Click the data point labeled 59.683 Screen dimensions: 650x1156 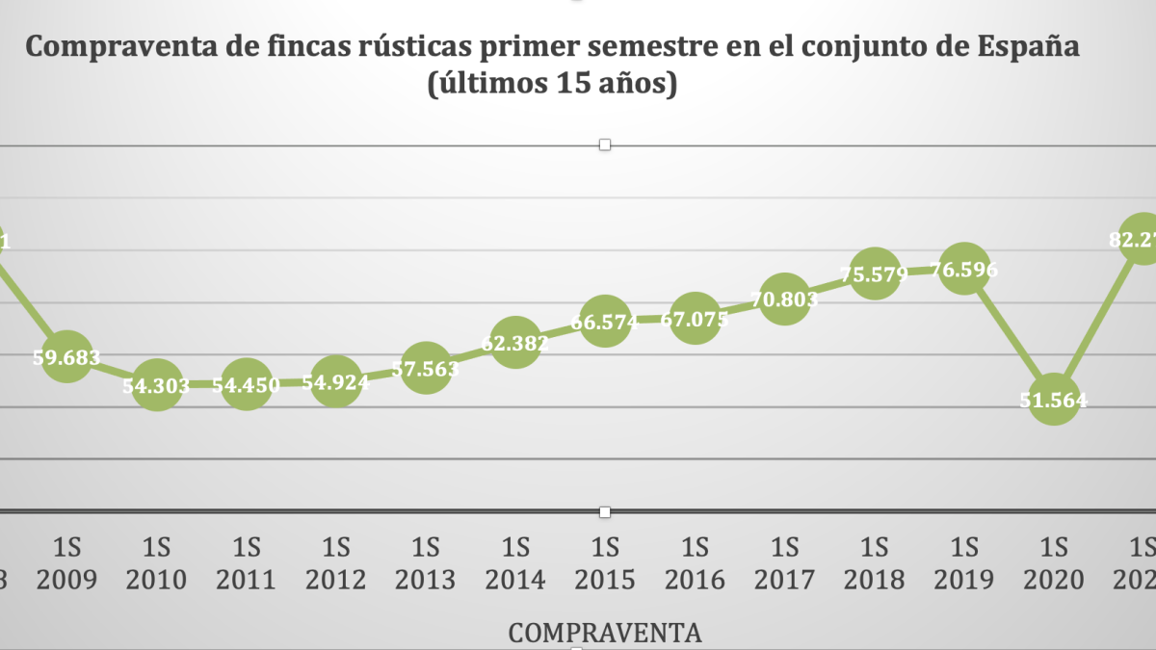pyautogui.click(x=66, y=355)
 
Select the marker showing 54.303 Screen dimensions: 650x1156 pyautogui.click(x=156, y=384)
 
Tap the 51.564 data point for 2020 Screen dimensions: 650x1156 pyautogui.click(x=1054, y=401)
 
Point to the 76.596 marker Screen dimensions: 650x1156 pyautogui.click(x=964, y=270)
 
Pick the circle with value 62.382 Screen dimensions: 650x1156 pyautogui.click(x=514, y=342)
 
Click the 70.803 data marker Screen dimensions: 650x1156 pyautogui.click(x=784, y=299)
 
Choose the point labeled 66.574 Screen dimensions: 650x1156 pyautogui.click(x=605, y=322)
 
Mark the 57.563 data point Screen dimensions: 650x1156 pyautogui.click(x=425, y=367)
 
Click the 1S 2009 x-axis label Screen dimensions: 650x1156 pyautogui.click(x=66, y=562)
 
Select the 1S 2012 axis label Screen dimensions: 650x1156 pyautogui.click(x=335, y=562)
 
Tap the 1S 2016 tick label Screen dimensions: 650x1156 pyautogui.click(x=695, y=562)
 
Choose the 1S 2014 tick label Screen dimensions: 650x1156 pyautogui.click(x=514, y=562)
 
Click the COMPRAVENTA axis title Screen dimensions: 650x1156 pyautogui.click(x=604, y=633)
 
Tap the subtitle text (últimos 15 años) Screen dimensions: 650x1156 pyautogui.click(x=552, y=85)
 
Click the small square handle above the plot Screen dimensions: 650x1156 pyautogui.click(x=605, y=144)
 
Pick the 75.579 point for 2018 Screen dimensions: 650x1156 pyautogui.click(x=875, y=274)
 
